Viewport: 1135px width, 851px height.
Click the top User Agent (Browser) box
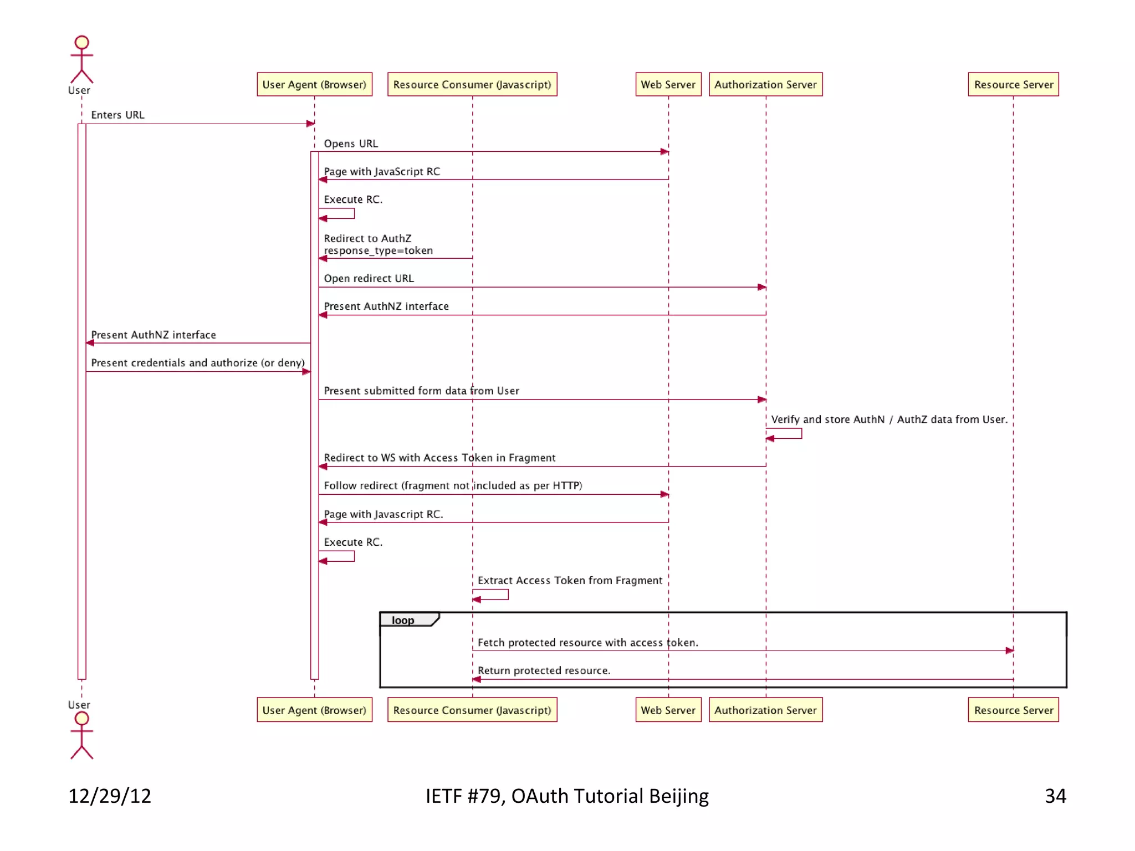(x=314, y=84)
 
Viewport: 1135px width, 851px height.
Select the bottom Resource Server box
(x=1013, y=710)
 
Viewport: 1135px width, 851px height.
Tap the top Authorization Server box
(x=765, y=84)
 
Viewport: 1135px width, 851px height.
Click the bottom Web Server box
(x=668, y=710)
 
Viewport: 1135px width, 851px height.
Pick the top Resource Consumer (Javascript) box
(x=472, y=84)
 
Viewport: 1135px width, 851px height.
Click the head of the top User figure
(x=81, y=42)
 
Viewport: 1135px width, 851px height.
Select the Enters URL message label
(x=117, y=115)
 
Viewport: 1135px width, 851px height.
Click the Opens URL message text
(x=351, y=143)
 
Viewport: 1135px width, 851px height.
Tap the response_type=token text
(x=379, y=250)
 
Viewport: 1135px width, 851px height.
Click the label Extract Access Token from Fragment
(x=570, y=580)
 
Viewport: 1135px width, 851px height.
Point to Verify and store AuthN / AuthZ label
(x=889, y=419)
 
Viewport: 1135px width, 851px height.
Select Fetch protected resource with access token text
(x=587, y=642)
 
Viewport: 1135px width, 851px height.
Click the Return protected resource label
(x=544, y=670)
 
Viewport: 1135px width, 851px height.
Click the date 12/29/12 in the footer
(x=109, y=796)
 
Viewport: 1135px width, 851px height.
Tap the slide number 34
(x=1055, y=796)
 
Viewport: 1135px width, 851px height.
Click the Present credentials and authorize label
(x=197, y=363)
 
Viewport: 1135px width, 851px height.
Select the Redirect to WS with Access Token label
(x=439, y=458)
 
